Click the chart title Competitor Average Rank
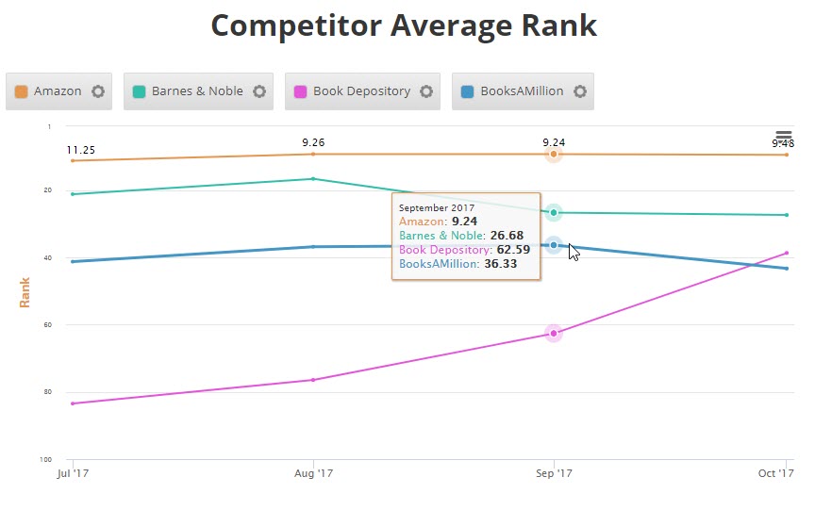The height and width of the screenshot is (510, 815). pyautogui.click(x=404, y=25)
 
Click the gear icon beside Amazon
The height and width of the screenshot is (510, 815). pyautogui.click(x=98, y=91)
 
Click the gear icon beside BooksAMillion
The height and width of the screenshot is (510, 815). pyautogui.click(x=580, y=91)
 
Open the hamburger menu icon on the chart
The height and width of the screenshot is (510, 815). pyautogui.click(x=784, y=138)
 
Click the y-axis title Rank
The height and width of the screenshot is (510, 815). pyautogui.click(x=25, y=291)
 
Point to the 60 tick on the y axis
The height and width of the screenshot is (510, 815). pyautogui.click(x=46, y=325)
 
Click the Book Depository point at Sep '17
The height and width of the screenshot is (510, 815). pyautogui.click(x=554, y=333)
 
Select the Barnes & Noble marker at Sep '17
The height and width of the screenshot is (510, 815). pyautogui.click(x=554, y=213)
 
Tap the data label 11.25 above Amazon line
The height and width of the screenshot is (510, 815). pyautogui.click(x=81, y=150)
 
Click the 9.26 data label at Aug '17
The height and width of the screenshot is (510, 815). pyautogui.click(x=313, y=142)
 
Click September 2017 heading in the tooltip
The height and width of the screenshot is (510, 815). pyautogui.click(x=437, y=206)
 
